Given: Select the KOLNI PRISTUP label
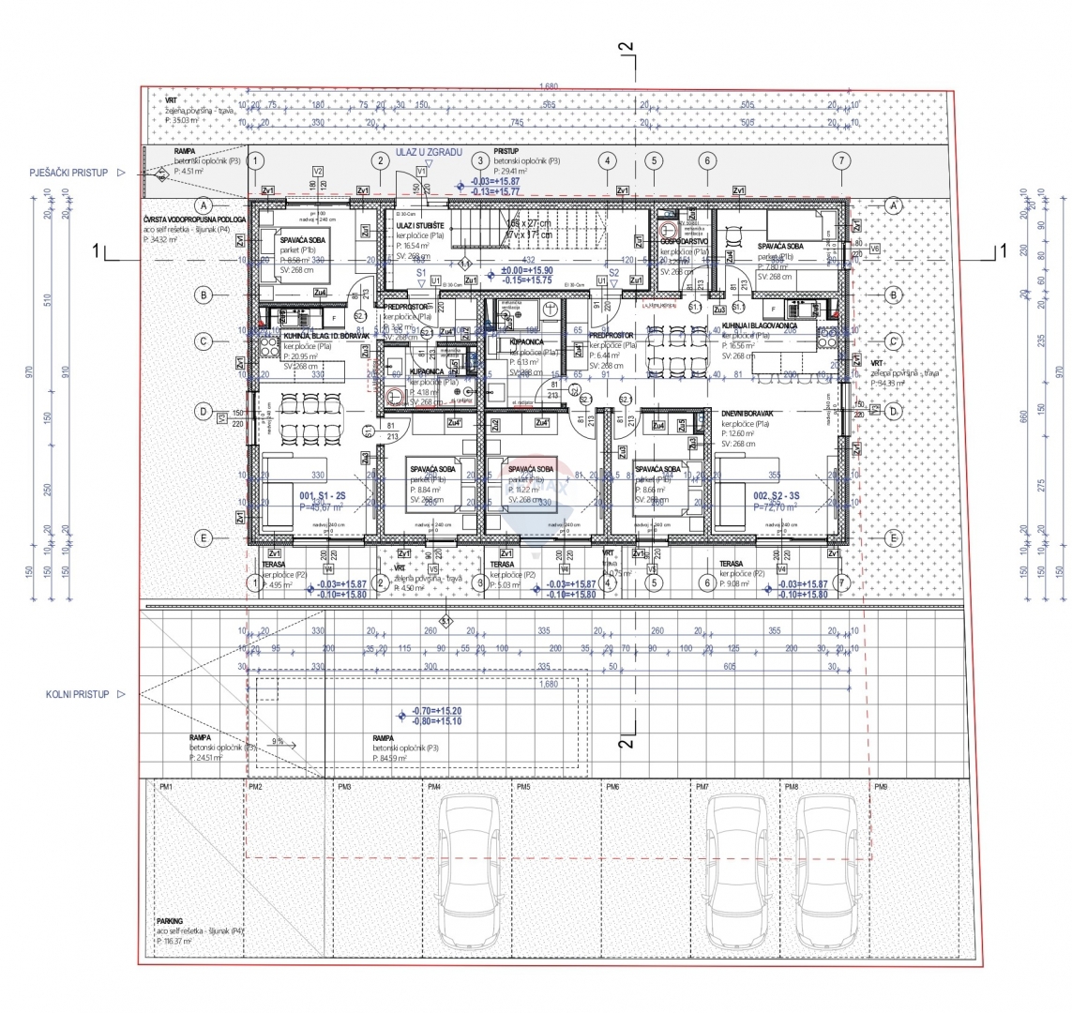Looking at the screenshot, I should tap(84, 694).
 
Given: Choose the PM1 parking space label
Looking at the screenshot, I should tap(166, 787).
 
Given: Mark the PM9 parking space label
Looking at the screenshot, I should tap(881, 787).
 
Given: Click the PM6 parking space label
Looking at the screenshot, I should tap(612, 787).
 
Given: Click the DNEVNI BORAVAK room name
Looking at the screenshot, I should tap(747, 414).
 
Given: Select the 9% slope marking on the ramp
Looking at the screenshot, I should tap(278, 741).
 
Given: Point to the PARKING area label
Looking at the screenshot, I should tap(170, 921).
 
